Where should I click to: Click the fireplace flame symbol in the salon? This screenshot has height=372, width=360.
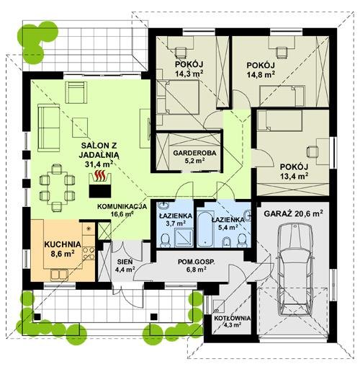(x=100, y=175)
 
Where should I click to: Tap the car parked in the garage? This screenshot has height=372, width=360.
(x=295, y=269)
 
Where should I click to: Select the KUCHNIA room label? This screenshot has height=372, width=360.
(x=63, y=244)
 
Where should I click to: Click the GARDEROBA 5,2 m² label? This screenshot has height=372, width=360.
(x=194, y=156)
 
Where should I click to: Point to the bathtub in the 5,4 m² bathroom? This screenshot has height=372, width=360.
(x=206, y=229)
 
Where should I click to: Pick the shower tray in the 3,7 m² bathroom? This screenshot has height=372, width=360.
(x=184, y=238)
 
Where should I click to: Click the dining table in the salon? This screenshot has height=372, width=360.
(x=57, y=187)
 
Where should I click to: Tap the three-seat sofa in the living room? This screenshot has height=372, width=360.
(x=48, y=128)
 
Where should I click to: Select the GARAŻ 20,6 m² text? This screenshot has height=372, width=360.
(x=293, y=213)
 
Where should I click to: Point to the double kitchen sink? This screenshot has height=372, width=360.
(x=59, y=275)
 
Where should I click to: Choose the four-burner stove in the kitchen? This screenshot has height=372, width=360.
(x=89, y=253)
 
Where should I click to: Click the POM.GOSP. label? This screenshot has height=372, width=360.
(x=197, y=262)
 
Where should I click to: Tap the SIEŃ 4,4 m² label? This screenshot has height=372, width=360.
(x=125, y=265)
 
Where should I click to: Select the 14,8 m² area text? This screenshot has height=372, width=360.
(x=261, y=74)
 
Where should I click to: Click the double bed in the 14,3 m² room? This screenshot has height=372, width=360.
(x=178, y=97)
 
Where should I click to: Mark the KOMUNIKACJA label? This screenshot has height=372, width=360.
(x=122, y=207)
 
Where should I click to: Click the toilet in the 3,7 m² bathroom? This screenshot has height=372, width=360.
(x=165, y=240)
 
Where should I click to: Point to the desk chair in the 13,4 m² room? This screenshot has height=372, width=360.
(x=312, y=151)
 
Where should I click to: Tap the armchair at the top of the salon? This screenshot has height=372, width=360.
(x=76, y=92)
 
